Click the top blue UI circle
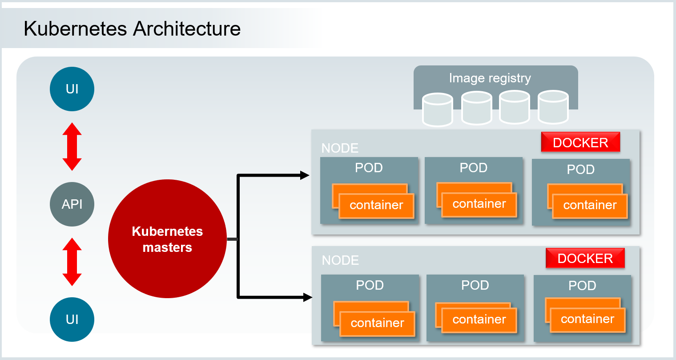click(x=72, y=89)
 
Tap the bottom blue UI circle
click(x=72, y=320)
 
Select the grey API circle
click(x=72, y=204)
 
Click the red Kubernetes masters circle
click(x=167, y=239)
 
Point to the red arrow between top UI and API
click(x=72, y=147)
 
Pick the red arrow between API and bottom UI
click(x=72, y=262)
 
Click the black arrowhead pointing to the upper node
click(x=305, y=175)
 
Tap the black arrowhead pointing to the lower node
click(x=307, y=297)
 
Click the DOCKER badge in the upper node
click(x=580, y=142)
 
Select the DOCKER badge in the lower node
click(x=585, y=259)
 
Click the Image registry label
click(x=490, y=78)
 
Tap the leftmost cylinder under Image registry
click(x=438, y=109)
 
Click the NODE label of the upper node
click(x=340, y=148)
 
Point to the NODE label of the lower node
click(x=340, y=260)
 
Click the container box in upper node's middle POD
click(x=479, y=204)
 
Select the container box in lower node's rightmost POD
click(x=587, y=320)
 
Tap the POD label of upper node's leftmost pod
click(x=369, y=168)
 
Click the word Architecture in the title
click(x=187, y=29)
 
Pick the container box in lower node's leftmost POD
click(x=377, y=323)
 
